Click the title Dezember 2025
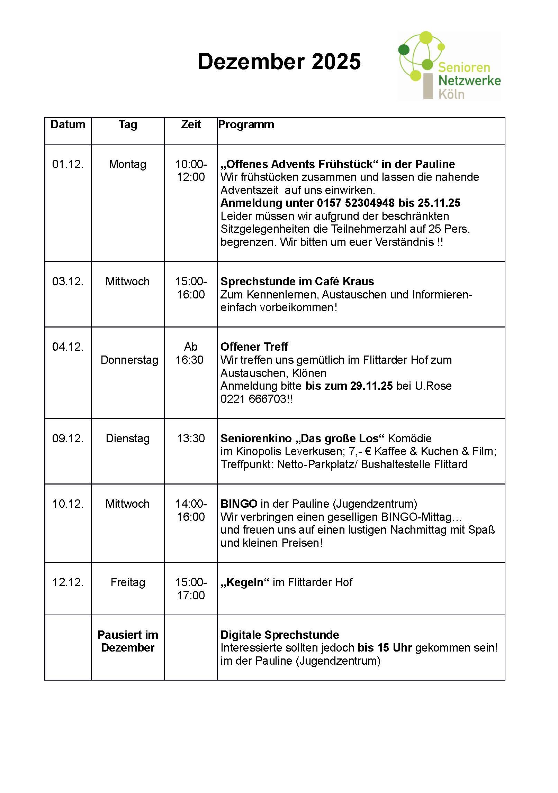pos(279,62)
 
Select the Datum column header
pos(68,125)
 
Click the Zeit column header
pos(191,125)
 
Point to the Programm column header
pos(246,125)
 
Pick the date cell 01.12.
pos(68,164)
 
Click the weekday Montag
pos(127,164)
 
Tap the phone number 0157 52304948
pos(356,203)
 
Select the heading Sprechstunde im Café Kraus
pos(297,282)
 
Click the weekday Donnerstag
pos(129,360)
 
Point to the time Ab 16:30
pos(190,353)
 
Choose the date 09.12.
pos(68,439)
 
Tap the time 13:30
pos(191,439)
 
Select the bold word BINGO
pos(239,504)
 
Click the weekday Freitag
pos(127,582)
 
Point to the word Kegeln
pos(245,582)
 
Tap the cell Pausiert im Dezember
pos(127,641)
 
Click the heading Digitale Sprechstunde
pos(280,635)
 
